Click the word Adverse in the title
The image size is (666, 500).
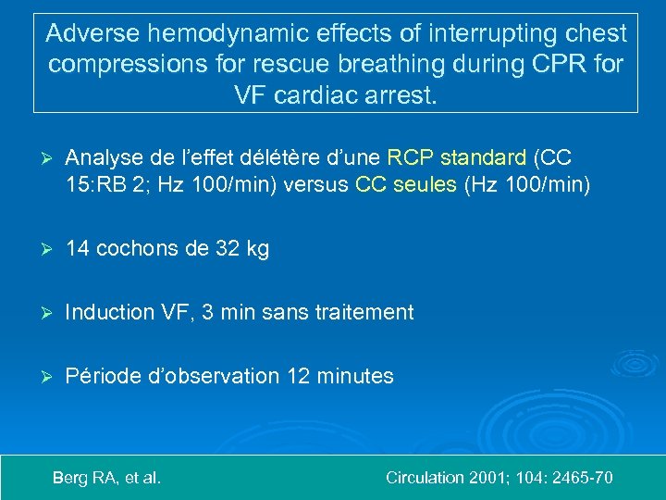coord(88,34)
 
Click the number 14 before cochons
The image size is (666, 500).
coord(79,248)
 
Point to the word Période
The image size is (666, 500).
coord(103,376)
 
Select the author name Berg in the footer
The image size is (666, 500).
coord(70,478)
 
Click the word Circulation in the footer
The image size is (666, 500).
coord(425,478)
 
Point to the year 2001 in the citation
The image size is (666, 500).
coord(488,478)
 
